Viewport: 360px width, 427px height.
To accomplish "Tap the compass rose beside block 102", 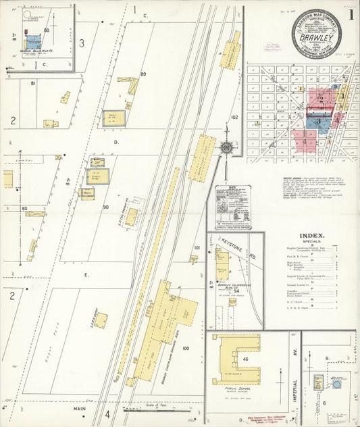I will pos(227,147).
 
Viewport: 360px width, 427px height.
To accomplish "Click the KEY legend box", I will pos(233,207).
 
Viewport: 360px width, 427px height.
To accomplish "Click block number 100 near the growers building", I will pos(186,348).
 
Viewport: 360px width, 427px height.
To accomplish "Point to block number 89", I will pos(143,74).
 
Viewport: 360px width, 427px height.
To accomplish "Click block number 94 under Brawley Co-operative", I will pos(236,291).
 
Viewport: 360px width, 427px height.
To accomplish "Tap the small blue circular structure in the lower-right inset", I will pos(336,384).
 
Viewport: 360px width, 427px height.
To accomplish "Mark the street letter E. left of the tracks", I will pos(86,275).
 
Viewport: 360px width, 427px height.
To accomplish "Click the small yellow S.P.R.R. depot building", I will pos(131,217).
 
